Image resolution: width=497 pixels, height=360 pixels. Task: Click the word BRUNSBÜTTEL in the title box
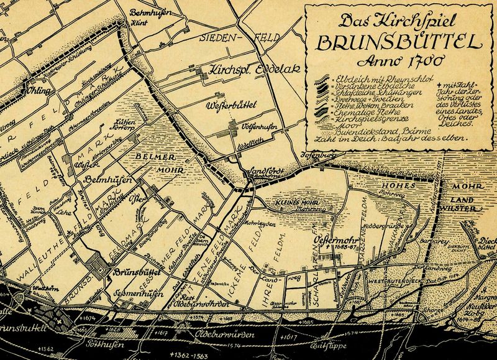click(x=398, y=44)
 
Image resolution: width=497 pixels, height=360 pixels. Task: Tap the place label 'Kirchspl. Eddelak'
click(x=246, y=68)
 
